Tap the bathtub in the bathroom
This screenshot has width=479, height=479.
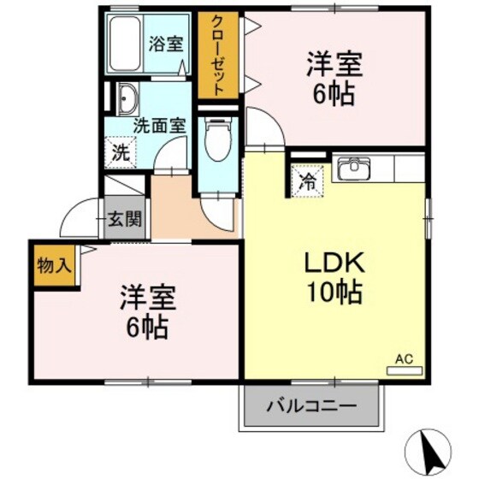(125, 44)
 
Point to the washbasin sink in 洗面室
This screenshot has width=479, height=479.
(125, 98)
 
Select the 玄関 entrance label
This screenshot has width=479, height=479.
(125, 219)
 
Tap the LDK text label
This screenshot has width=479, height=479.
(335, 261)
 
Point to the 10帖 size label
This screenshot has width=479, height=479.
(335, 292)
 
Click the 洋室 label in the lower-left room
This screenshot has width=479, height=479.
(147, 299)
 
